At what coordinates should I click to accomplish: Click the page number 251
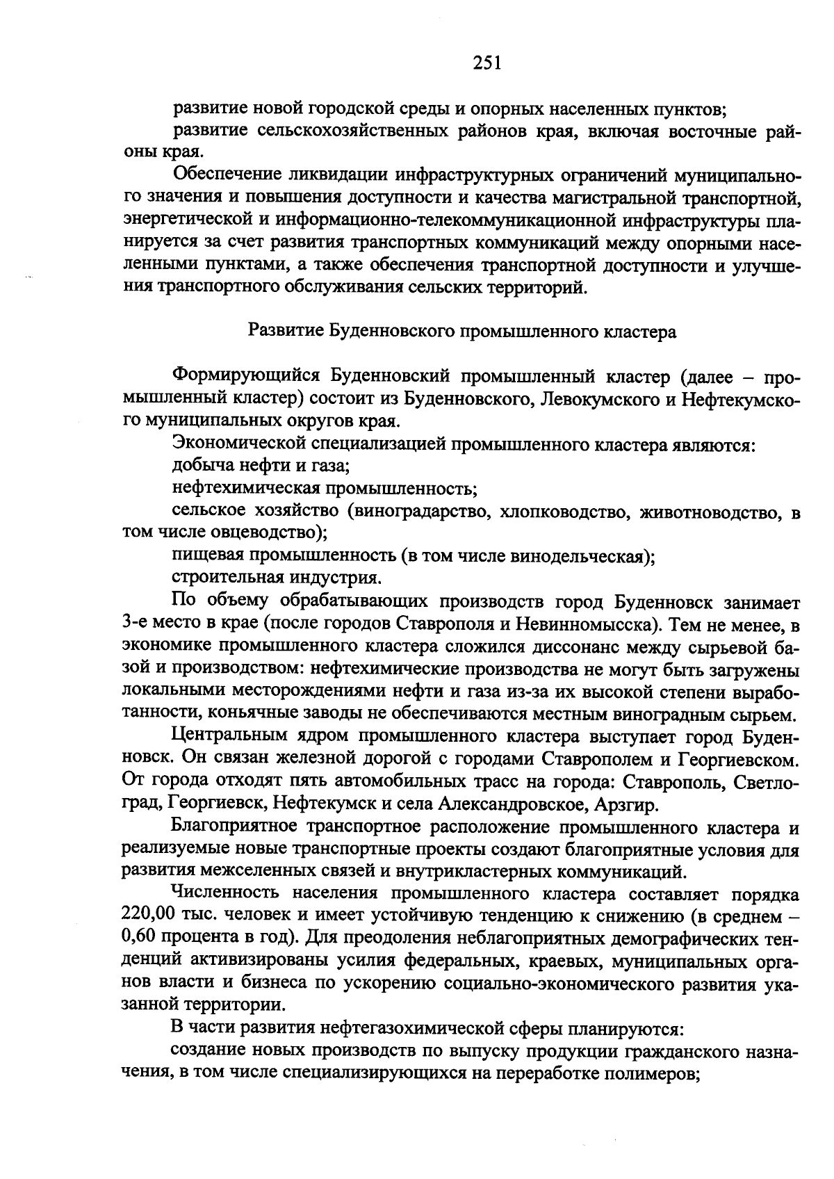click(x=486, y=63)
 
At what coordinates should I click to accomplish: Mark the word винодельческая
click(x=578, y=557)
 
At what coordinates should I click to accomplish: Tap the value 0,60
click(x=139, y=938)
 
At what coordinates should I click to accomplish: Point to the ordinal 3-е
click(x=133, y=624)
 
